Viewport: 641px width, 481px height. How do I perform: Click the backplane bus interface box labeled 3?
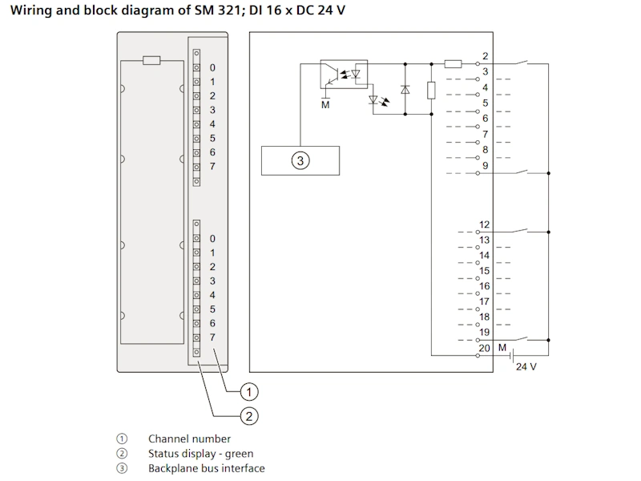tap(300, 161)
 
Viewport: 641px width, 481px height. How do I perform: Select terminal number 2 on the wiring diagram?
tap(486, 56)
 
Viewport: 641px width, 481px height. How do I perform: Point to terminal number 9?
tap(486, 166)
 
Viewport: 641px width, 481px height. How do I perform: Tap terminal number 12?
tap(485, 225)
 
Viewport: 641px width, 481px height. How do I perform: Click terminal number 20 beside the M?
tap(484, 348)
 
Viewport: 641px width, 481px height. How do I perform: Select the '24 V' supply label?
tap(526, 366)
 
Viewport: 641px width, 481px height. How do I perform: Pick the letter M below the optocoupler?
tap(325, 103)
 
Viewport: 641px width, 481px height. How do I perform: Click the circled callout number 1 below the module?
tap(250, 392)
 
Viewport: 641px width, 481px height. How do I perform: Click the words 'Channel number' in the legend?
tap(189, 439)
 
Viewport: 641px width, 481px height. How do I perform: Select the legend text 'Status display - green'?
tap(200, 454)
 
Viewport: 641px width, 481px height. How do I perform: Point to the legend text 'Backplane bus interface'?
tap(206, 468)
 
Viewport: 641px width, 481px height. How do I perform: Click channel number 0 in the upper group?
tap(212, 68)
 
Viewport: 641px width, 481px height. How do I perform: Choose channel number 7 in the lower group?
tap(212, 338)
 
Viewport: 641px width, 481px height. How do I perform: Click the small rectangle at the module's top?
tap(151, 59)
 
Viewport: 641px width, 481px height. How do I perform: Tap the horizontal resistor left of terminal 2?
tap(453, 63)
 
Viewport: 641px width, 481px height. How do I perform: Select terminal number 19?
tap(485, 332)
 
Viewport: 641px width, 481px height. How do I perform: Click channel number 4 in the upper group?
tap(212, 124)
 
